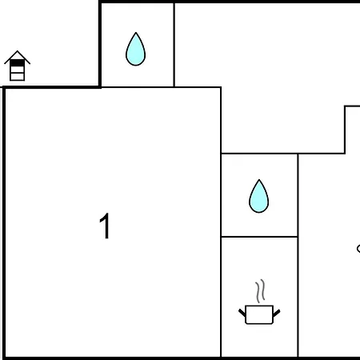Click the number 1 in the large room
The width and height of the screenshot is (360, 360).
click(x=105, y=226)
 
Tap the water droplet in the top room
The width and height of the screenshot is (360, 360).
click(x=135, y=50)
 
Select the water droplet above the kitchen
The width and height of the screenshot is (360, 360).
click(x=258, y=196)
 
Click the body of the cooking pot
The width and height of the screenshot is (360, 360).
click(x=259, y=314)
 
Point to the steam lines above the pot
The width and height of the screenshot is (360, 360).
click(x=260, y=290)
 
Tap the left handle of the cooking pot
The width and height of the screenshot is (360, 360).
click(x=242, y=313)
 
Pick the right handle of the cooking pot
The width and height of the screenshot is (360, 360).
click(x=277, y=313)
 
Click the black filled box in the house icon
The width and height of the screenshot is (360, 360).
click(x=17, y=63)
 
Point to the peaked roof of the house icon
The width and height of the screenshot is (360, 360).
click(x=17, y=57)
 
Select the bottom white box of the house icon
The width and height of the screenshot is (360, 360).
click(x=17, y=77)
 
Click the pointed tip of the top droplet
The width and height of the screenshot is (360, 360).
click(x=136, y=33)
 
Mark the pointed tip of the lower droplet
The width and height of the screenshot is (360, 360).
click(x=259, y=180)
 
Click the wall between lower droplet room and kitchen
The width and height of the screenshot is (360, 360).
click(x=259, y=237)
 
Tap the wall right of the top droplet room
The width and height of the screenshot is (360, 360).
click(x=174, y=45)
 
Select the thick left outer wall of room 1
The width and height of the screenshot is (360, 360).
click(x=4, y=222)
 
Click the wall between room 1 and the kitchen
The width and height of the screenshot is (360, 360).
click(x=221, y=297)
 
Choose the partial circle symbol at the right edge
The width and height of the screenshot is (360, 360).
click(x=358, y=249)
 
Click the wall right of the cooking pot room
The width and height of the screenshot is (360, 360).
click(x=298, y=297)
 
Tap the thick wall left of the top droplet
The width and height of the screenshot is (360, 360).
click(x=100, y=44)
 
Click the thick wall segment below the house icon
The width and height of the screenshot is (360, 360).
click(x=52, y=87)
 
